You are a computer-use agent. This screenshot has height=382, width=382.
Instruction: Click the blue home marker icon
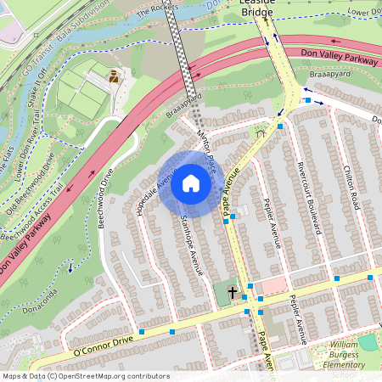(190, 183)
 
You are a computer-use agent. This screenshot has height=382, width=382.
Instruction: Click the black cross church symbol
(232, 292)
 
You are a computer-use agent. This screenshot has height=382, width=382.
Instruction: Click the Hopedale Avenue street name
(154, 190)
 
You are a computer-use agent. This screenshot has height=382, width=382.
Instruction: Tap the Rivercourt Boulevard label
(306, 195)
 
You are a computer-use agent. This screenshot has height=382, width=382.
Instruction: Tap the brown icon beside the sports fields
(113, 76)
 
